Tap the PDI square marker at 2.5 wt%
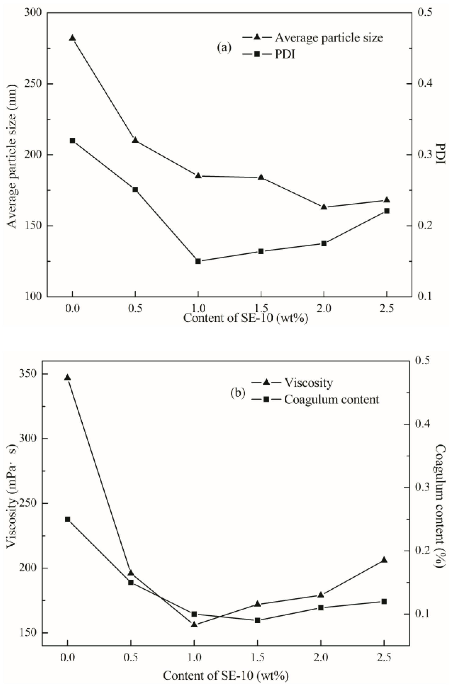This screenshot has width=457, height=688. coord(387,211)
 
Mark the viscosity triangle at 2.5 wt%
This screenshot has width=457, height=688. coord(384,560)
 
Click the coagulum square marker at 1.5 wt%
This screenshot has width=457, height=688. coord(257,621)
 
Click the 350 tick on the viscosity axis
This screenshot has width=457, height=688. coord(28,374)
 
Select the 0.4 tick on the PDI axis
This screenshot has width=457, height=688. coord(425,84)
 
